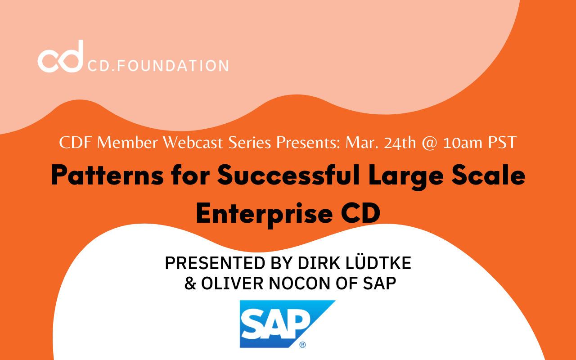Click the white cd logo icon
[x=61, y=57]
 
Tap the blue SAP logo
[x=288, y=324]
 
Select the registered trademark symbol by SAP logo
[x=303, y=345]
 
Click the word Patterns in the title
[x=108, y=176]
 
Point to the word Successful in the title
[x=288, y=175]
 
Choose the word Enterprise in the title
[x=264, y=214]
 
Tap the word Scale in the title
[x=489, y=175]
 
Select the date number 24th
[x=400, y=143]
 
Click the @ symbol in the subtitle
[x=430, y=143]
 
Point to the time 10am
[x=463, y=143]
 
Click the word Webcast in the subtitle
[x=193, y=142]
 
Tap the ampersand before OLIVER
[x=190, y=283]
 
